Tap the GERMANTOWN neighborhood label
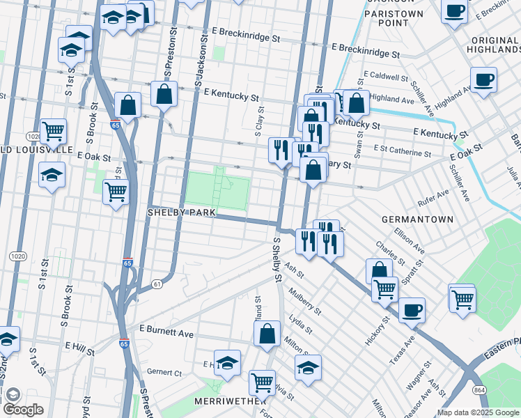tap(418, 219)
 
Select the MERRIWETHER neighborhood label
tap(231, 401)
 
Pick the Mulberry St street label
tap(304, 301)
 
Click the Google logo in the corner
tap(23, 410)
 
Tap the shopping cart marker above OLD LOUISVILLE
tap(53, 131)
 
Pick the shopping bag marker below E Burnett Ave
tap(267, 334)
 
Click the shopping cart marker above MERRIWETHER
tap(262, 382)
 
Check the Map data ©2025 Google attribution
tap(479, 412)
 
